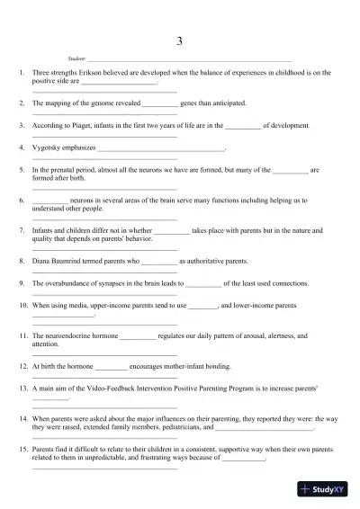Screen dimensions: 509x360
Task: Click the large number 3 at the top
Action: coord(180,41)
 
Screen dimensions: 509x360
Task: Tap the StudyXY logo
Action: coord(326,490)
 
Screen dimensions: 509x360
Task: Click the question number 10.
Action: coord(23,306)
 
